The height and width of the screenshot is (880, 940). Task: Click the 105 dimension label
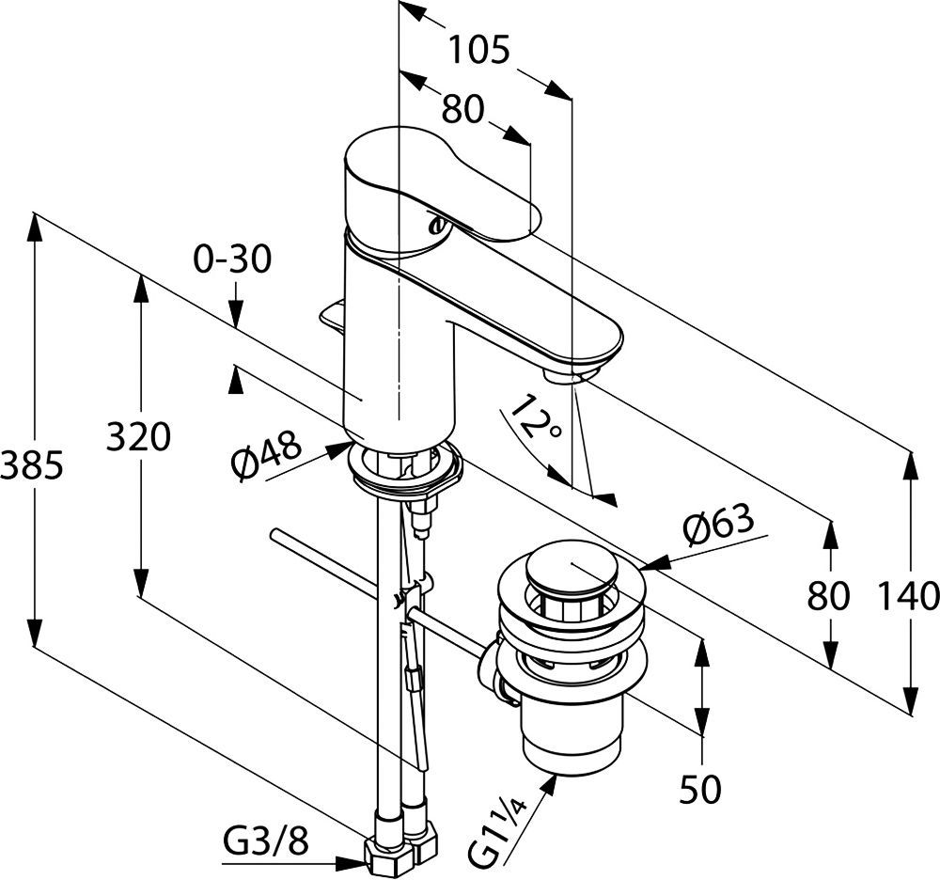pos(478,49)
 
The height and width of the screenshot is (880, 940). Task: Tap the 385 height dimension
pos(31,464)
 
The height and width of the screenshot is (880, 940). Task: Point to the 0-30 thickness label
pos(232,258)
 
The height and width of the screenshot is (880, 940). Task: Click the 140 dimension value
pos(909,595)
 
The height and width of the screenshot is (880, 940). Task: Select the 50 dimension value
pos(700,790)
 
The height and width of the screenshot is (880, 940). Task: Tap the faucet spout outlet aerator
pos(564,377)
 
